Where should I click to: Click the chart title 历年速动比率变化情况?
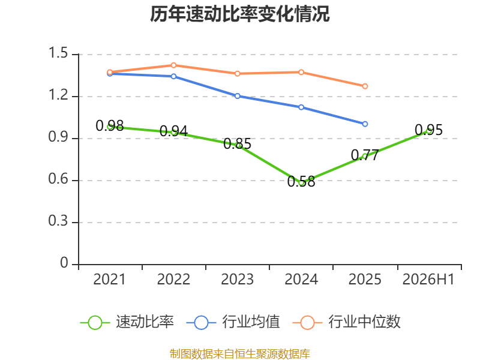pos(239,14)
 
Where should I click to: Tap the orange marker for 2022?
pos(173,65)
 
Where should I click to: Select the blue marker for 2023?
pos(237,96)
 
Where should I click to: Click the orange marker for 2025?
pos(365,86)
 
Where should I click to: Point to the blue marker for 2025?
pos(365,124)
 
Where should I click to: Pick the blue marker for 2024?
pos(301,107)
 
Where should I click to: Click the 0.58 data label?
pos(301,182)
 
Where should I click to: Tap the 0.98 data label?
pos(110,125)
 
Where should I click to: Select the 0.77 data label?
pos(365,155)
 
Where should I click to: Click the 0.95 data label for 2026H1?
pos(428,130)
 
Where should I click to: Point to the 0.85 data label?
pos(237,143)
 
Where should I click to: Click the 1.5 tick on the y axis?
pos(58,53)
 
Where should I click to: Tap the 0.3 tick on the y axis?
pos(58,221)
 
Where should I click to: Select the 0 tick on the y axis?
pos(64,263)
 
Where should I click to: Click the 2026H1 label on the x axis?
pos(428,280)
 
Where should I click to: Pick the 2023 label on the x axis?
pos(237,280)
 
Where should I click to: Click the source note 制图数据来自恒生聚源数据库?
pos(240,354)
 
